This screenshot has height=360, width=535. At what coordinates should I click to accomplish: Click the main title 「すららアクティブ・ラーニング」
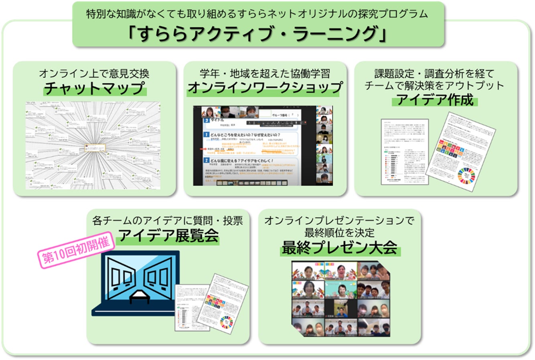click(x=258, y=34)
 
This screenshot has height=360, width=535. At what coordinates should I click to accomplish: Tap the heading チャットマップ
click(x=95, y=88)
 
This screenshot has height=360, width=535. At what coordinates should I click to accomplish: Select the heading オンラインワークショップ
click(x=265, y=88)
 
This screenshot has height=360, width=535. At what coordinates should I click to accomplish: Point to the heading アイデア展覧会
click(x=168, y=236)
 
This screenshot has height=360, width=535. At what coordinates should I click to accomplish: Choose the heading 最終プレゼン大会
click(x=339, y=248)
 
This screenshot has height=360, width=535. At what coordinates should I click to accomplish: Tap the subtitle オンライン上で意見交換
click(x=94, y=74)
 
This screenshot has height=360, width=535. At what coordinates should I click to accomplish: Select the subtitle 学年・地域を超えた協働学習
click(x=265, y=74)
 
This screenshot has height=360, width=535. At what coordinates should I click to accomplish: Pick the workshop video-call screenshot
click(x=263, y=146)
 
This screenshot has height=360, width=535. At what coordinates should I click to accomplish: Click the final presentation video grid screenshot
click(x=340, y=299)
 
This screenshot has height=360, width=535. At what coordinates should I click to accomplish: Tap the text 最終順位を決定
click(x=339, y=232)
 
